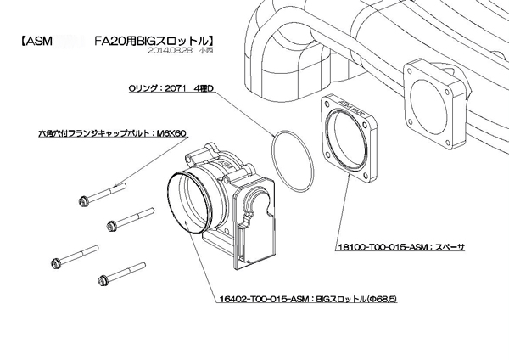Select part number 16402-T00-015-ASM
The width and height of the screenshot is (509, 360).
[x=255, y=300]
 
